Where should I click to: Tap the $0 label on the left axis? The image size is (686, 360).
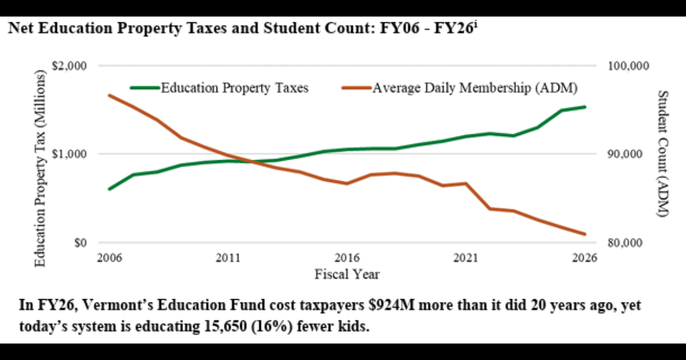tap(79, 242)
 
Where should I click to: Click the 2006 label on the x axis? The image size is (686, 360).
tap(109, 258)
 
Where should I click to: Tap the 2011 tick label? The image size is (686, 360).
tap(228, 258)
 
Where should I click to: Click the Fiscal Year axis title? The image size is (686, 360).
tap(347, 274)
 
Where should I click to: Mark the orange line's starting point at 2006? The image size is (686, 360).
tap(109, 95)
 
